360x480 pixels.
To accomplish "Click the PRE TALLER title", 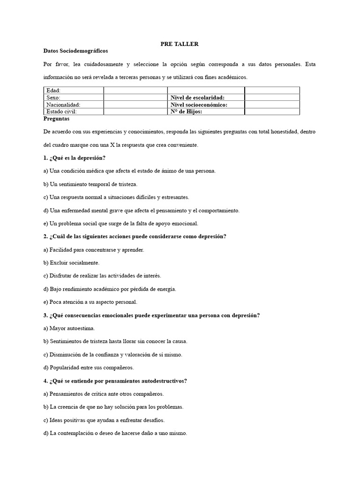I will click(x=180, y=44).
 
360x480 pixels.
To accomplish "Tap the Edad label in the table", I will click(x=54, y=90).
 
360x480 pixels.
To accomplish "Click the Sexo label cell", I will click(x=54, y=97).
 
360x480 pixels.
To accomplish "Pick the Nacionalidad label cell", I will click(x=63, y=105).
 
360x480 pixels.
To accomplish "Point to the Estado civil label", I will click(x=61, y=112).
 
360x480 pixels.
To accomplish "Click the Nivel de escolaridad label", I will click(x=201, y=97).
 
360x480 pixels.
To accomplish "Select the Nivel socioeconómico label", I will click(x=199, y=105).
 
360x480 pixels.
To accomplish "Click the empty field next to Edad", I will click(x=135, y=90).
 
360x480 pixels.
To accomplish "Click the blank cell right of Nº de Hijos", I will click(x=272, y=112).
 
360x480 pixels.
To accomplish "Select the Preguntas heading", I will click(x=56, y=119).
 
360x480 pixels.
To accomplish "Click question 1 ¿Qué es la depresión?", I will click(x=74, y=157).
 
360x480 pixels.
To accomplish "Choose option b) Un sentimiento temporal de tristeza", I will click(x=90, y=184).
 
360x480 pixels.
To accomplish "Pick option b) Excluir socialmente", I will click(x=71, y=263).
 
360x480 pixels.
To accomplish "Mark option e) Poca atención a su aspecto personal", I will click(x=90, y=302).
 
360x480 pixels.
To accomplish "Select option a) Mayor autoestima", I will click(x=69, y=329).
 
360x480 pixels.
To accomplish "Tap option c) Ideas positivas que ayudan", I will click(x=104, y=420).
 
